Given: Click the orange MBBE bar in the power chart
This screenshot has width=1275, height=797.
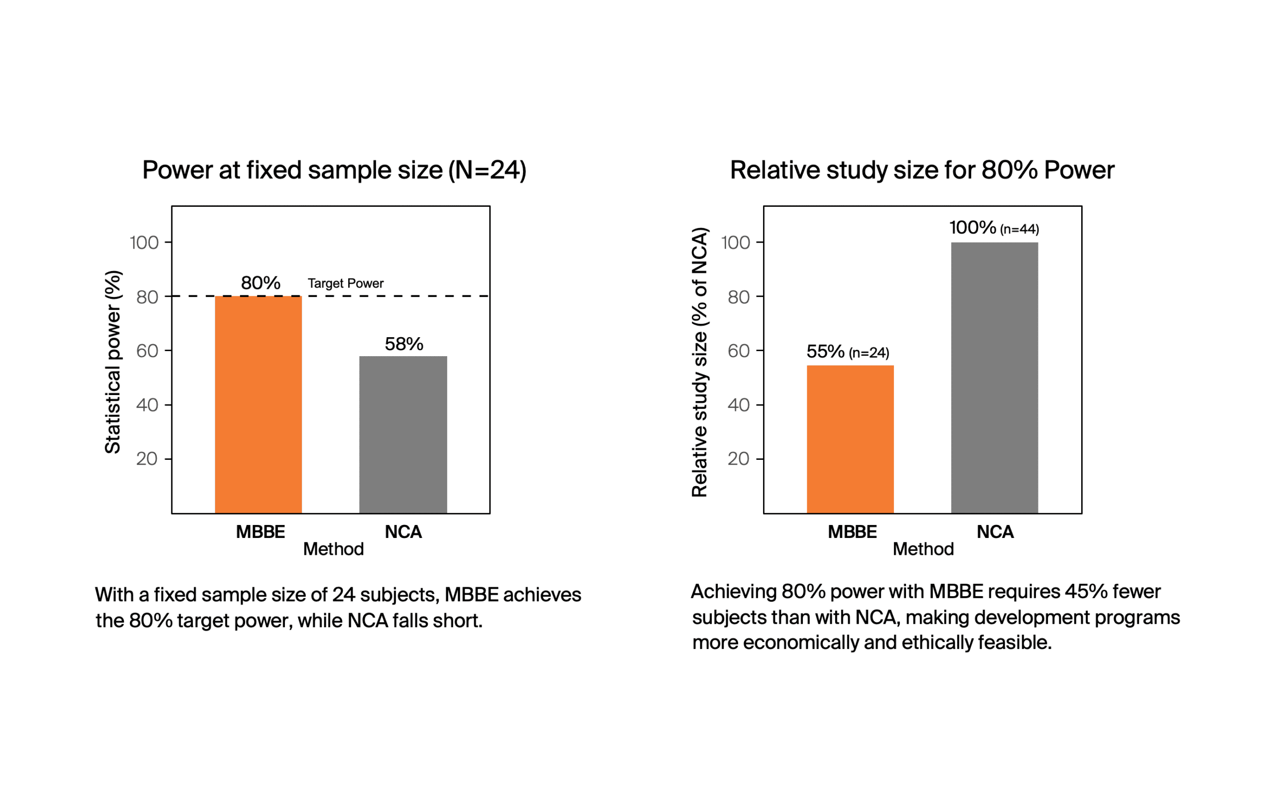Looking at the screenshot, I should point(258,404).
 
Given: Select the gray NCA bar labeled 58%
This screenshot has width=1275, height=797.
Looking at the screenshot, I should point(403,434).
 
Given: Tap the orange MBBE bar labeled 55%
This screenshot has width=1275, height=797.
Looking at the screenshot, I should point(850,439).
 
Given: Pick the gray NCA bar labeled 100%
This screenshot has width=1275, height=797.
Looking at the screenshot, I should point(994,378).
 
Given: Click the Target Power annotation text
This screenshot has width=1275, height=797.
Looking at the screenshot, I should point(346,283).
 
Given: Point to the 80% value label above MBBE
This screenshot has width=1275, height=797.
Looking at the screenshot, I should point(260,283).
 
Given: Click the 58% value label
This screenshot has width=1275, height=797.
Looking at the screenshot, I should point(403,344).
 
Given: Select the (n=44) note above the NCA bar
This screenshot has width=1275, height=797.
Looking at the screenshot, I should point(1020,229).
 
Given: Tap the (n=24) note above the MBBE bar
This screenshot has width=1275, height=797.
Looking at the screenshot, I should point(869,353).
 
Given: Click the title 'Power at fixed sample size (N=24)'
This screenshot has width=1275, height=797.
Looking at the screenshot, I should point(334,170).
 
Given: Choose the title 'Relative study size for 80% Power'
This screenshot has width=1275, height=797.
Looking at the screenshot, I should point(922,170).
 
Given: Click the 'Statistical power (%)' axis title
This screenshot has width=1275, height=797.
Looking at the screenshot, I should point(113,362).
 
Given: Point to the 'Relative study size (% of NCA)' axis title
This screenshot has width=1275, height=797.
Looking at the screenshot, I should point(699,362).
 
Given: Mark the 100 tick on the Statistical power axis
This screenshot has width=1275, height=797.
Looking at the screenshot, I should point(144,243).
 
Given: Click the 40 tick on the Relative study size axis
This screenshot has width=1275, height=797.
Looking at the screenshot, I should point(738,405).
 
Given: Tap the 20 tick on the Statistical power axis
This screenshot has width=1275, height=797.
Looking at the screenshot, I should point(146,459).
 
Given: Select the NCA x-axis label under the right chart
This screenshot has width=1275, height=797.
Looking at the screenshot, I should point(995,532).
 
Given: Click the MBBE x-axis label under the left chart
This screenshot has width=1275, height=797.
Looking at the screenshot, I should point(260,532).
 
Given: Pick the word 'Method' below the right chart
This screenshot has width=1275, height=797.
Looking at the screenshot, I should point(923,549).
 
